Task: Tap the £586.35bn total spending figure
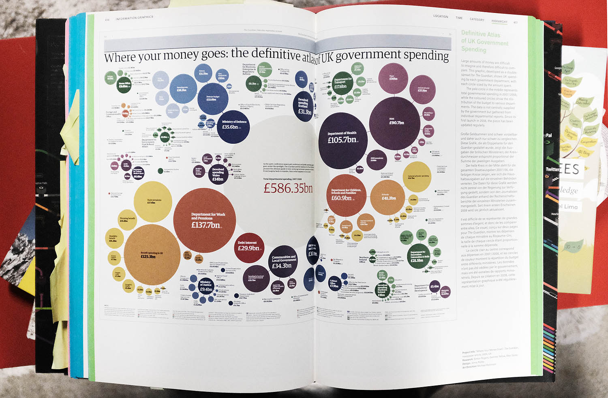(x=288, y=188)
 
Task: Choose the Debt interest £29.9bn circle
(x=248, y=246)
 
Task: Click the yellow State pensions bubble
(x=153, y=201)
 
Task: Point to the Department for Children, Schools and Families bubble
(x=346, y=195)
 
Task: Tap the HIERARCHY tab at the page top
(x=499, y=21)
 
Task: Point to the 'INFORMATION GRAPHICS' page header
(x=134, y=17)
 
